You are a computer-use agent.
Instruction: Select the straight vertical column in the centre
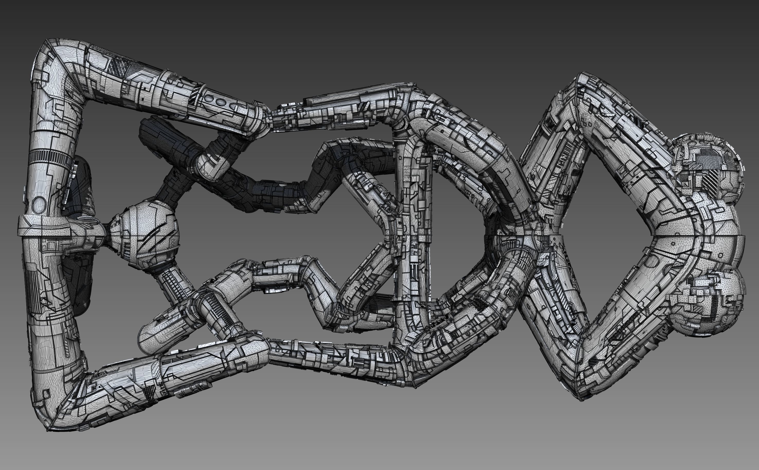(x=413, y=236)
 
